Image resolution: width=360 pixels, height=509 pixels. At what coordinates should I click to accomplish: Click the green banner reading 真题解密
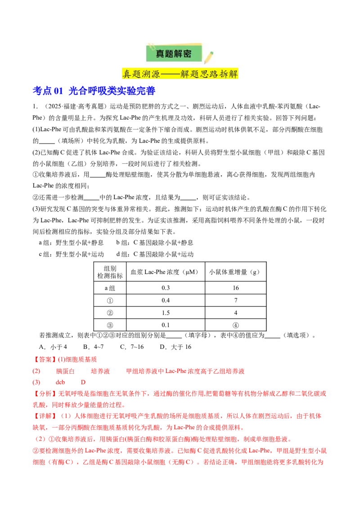pyautogui.click(x=174, y=53)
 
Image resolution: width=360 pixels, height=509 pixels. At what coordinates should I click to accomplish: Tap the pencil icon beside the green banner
pyautogui.click(x=209, y=57)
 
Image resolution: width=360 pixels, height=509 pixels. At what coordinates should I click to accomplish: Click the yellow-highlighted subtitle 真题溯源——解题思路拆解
pyautogui.click(x=180, y=74)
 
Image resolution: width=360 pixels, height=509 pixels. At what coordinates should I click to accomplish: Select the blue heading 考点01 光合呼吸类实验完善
pyautogui.click(x=94, y=91)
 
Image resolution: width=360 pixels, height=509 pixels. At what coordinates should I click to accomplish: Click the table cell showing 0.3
pyautogui.click(x=166, y=288)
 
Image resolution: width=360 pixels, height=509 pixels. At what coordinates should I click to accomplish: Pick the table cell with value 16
pyautogui.click(x=235, y=288)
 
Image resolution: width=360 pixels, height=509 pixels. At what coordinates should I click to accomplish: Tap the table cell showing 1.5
pyautogui.click(x=166, y=313)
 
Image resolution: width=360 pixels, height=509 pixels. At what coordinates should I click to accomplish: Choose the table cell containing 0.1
pyautogui.click(x=166, y=325)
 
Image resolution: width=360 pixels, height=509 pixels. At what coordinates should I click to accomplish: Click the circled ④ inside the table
pyautogui.click(x=235, y=325)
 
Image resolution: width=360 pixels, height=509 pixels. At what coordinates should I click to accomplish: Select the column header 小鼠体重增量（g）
pyautogui.click(x=234, y=272)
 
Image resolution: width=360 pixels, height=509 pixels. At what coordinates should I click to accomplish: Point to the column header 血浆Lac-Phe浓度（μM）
pyautogui.click(x=164, y=272)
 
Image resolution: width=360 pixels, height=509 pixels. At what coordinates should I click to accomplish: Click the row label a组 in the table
pyautogui.click(x=110, y=288)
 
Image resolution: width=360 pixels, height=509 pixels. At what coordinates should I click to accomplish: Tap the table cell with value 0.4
pyautogui.click(x=166, y=300)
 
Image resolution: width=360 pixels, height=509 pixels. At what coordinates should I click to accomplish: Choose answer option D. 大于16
pyautogui.click(x=175, y=347)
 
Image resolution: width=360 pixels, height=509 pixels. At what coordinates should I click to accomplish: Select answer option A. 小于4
pyautogui.click(x=53, y=347)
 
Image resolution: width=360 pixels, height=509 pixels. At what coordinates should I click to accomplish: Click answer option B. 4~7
pyautogui.click(x=93, y=347)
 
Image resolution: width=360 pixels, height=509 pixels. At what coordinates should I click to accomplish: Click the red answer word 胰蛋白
pyautogui.click(x=65, y=371)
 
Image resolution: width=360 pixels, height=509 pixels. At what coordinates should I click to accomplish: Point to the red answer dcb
pyautogui.click(x=60, y=382)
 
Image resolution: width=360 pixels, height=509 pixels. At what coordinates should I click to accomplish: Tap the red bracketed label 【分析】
pyautogui.click(x=45, y=393)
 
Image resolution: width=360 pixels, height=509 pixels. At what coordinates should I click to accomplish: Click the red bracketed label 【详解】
pyautogui.click(x=45, y=416)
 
